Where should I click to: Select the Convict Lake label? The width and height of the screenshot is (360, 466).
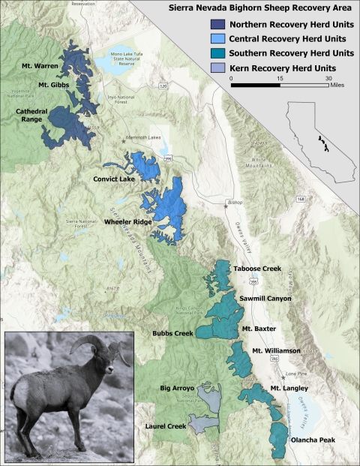115,179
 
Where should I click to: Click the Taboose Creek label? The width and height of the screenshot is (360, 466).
257,268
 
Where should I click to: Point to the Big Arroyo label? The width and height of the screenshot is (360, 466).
178,389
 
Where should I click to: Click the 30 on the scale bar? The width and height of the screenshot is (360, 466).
328,78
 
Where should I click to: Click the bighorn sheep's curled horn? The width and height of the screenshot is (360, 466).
84,347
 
